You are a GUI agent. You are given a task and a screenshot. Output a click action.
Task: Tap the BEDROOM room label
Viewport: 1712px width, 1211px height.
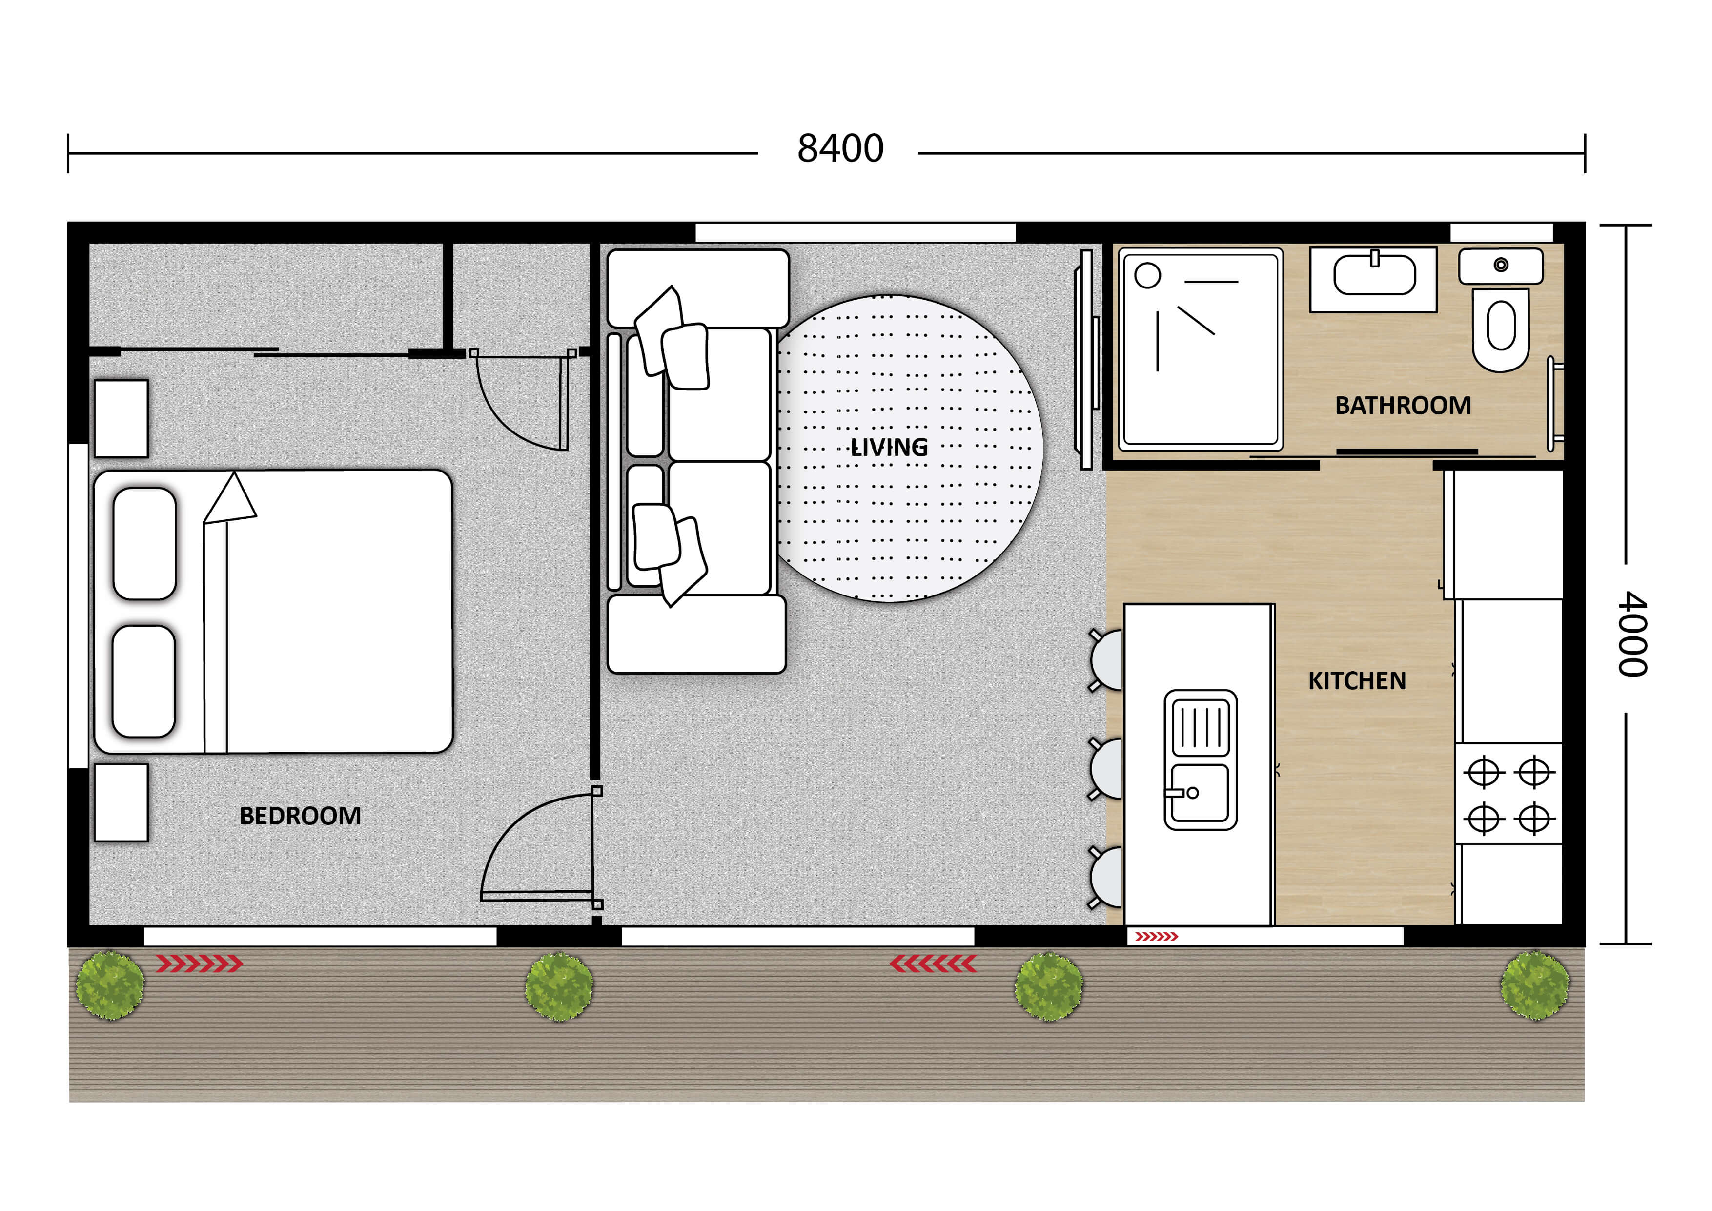[300, 816]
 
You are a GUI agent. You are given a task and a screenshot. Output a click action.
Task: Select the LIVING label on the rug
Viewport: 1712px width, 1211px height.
[889, 448]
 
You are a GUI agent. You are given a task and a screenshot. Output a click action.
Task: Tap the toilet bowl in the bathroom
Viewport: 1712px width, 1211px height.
[1500, 328]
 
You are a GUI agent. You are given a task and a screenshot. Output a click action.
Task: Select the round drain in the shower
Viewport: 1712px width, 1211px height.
[1147, 275]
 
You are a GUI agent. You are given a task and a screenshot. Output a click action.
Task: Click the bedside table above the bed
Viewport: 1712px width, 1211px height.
[121, 418]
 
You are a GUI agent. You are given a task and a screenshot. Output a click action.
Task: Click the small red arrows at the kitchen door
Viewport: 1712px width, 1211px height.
[1156, 937]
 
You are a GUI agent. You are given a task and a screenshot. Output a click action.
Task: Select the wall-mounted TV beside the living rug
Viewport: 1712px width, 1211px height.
[1086, 359]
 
